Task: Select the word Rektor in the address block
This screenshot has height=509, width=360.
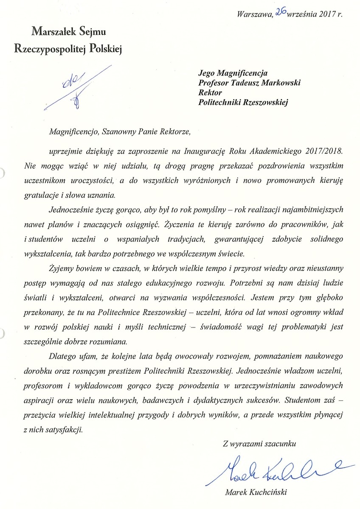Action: [210, 92]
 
